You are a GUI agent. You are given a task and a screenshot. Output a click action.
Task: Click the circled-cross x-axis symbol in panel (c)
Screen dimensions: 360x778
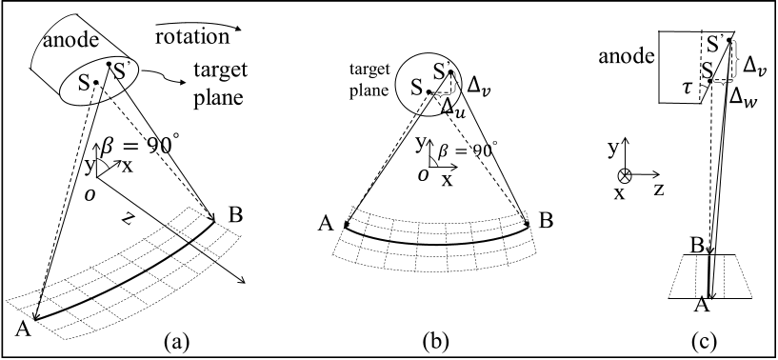(x=624, y=176)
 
